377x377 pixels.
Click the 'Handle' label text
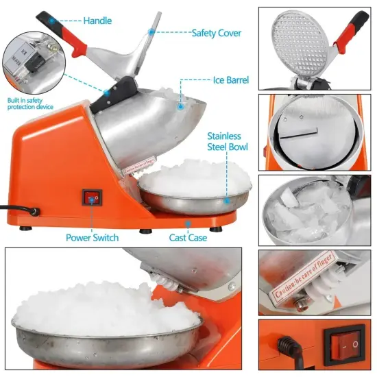click(x=97, y=21)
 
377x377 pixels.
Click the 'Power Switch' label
click(x=92, y=237)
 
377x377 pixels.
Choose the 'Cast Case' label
click(x=189, y=237)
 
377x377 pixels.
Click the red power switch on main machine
click(x=91, y=197)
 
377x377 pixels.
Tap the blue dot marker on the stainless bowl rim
click(x=226, y=201)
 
